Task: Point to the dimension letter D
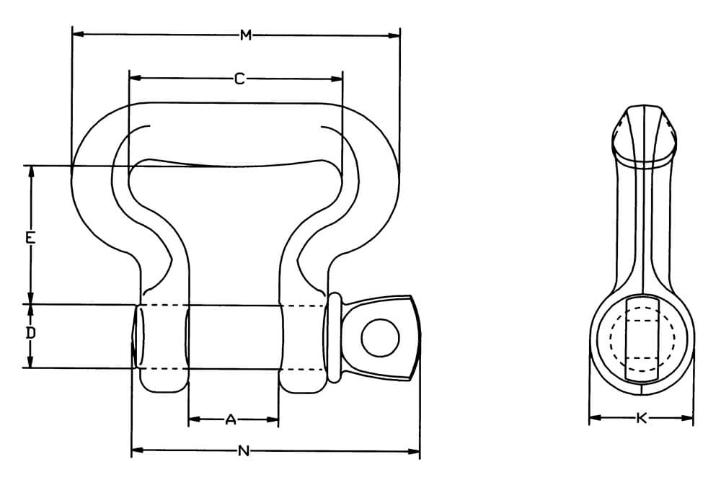click(x=30, y=334)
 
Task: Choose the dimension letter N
click(x=244, y=452)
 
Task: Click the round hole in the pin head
click(x=380, y=337)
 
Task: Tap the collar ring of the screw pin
click(x=333, y=337)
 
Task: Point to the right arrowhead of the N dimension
click(x=415, y=452)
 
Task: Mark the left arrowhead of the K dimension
click(x=594, y=417)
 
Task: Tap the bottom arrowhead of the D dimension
click(x=30, y=363)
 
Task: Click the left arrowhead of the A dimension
click(x=193, y=419)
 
